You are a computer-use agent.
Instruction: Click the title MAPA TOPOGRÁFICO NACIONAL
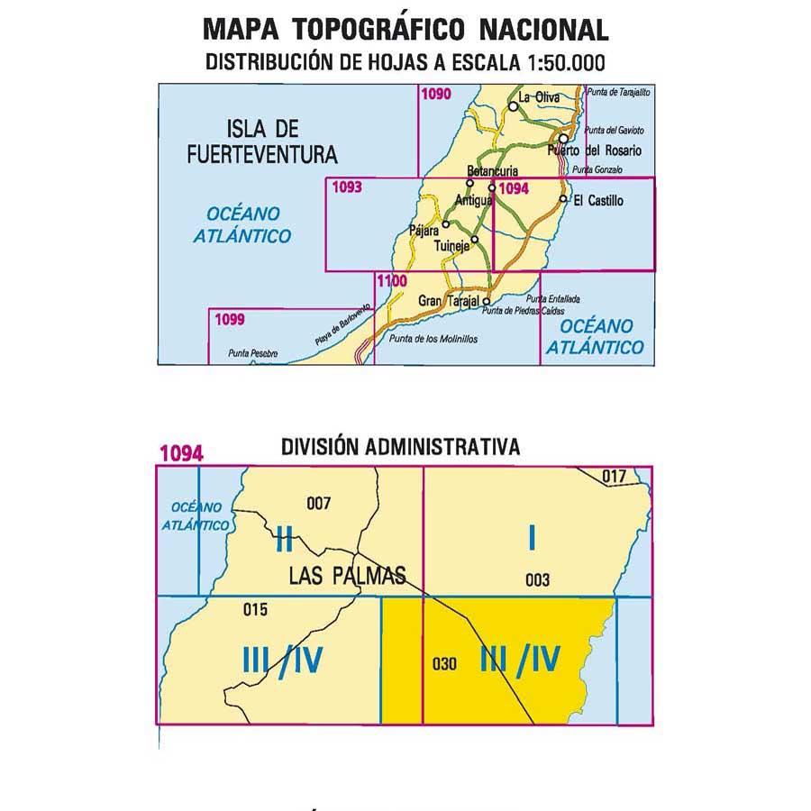coord(405,29)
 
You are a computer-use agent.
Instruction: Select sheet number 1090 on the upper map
coord(436,93)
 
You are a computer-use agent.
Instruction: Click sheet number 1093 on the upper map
coord(347,188)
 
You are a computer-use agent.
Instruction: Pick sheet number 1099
coord(230,318)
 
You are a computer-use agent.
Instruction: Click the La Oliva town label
coord(540,97)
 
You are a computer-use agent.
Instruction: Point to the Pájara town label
coord(423,230)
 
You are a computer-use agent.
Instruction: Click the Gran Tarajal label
coord(450,301)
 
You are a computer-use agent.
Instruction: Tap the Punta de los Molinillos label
coord(433,339)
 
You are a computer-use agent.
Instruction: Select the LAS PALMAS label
coord(348,575)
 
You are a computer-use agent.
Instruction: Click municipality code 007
coord(319,503)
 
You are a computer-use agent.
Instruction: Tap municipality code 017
coord(613,476)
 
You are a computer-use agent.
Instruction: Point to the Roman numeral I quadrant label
coord(533,538)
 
